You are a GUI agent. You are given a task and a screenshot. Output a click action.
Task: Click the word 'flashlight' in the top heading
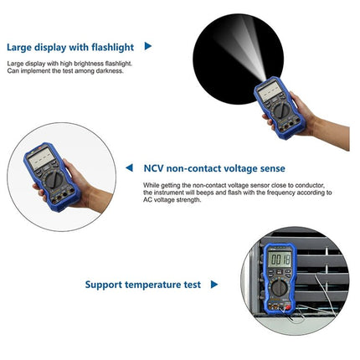pos(109,47)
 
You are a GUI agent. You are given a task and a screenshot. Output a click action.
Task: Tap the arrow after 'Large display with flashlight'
pos(149,47)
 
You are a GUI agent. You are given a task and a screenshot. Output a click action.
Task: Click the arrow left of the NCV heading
pos(129,168)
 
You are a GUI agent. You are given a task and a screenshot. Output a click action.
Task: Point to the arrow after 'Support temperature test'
pos(215,285)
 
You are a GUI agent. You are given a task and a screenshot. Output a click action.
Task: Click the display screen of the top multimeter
pos(271,94)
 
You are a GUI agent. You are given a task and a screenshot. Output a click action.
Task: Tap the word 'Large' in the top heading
pos(23,47)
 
